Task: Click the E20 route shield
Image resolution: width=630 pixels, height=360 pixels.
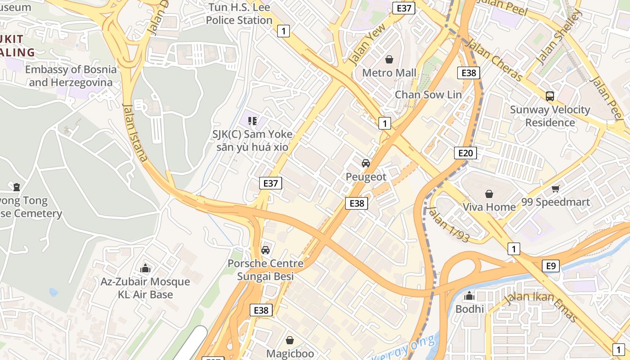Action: coord(465,153)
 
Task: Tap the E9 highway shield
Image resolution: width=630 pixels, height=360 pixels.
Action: coord(551,266)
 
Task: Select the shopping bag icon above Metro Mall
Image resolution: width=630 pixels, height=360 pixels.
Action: coord(389,59)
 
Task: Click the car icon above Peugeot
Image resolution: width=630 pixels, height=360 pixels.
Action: coord(366,163)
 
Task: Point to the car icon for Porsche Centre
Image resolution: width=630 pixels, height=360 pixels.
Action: coord(265,250)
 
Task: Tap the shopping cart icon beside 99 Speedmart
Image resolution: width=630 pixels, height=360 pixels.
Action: coord(556,189)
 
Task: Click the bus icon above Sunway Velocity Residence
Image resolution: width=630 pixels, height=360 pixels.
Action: coord(550,96)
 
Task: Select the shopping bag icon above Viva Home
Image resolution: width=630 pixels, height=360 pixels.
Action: coord(489,194)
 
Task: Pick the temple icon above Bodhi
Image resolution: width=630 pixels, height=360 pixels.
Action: coord(469,296)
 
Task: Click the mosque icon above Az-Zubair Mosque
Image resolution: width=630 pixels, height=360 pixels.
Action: coord(145,269)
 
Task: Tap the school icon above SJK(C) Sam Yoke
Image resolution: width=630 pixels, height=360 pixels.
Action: coord(252,121)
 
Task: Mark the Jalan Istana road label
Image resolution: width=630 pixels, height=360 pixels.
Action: coord(135,132)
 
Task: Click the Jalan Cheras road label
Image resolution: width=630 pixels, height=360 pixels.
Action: coord(494,60)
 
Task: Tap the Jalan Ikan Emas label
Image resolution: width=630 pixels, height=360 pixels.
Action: coord(540,307)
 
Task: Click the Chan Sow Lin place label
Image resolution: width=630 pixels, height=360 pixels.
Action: coord(428,94)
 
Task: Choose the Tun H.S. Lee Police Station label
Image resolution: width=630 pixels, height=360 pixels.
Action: coord(239,14)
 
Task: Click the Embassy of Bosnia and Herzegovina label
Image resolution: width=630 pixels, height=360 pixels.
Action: coord(71,76)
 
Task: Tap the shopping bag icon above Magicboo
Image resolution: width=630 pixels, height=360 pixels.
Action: coord(290,340)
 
